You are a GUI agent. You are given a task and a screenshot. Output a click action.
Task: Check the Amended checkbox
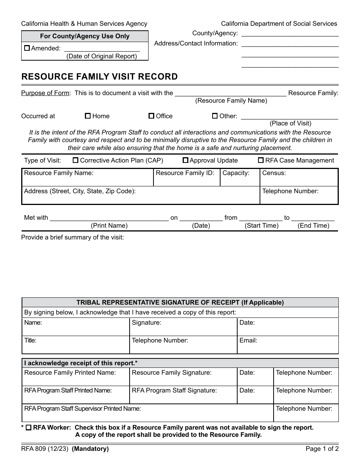click(27, 48)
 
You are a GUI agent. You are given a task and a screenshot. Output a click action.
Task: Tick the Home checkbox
click(88, 116)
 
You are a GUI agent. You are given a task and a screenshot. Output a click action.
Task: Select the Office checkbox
click(151, 116)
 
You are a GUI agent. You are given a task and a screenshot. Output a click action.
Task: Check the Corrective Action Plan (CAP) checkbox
click(75, 160)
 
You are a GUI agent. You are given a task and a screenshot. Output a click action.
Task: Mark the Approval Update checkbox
click(185, 160)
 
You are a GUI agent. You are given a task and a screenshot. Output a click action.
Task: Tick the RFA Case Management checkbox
click(261, 160)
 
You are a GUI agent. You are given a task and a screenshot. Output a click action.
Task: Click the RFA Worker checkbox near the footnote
click(28, 428)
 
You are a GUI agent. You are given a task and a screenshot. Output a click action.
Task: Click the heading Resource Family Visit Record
click(99, 77)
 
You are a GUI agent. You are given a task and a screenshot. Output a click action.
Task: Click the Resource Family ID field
click(186, 180)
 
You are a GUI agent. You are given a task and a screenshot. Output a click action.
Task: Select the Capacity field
click(240, 180)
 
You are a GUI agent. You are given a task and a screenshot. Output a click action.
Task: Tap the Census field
click(299, 180)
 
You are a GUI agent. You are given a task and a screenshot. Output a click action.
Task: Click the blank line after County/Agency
click(290, 34)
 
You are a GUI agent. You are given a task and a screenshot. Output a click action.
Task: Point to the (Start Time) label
click(261, 226)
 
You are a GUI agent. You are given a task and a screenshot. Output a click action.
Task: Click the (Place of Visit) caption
click(290, 123)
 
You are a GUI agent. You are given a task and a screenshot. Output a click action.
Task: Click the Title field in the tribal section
click(75, 346)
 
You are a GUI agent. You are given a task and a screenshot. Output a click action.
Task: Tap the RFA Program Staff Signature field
click(183, 396)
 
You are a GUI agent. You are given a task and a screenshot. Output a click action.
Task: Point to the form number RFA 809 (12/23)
click(45, 449)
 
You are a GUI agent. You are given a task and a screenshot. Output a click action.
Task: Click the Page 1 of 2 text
click(322, 449)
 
